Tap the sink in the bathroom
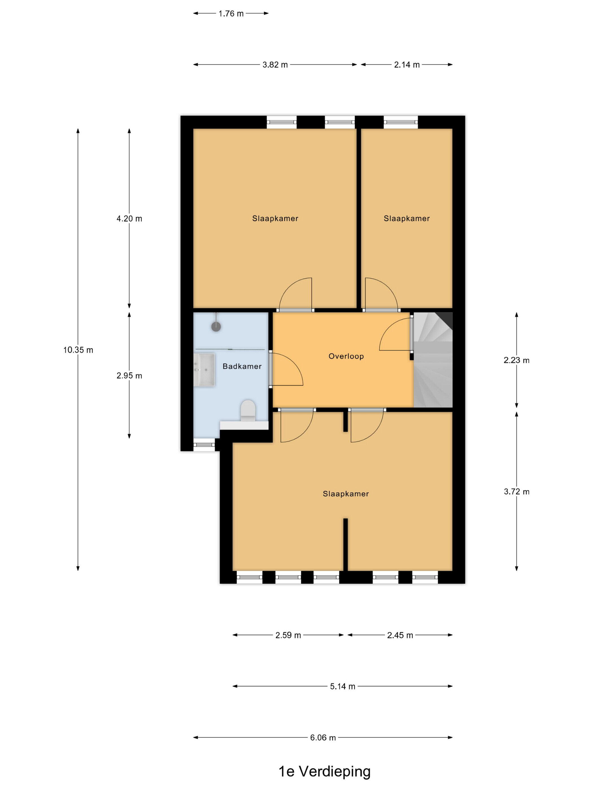[x=204, y=370]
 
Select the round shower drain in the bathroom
[x=216, y=326]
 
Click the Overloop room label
[x=346, y=356]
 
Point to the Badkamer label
[x=242, y=366]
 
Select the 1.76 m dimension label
[x=231, y=14]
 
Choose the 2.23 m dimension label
[x=516, y=360]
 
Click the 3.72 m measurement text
[x=516, y=491]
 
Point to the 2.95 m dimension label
[x=129, y=375]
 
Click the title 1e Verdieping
[x=324, y=771]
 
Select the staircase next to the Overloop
[x=433, y=360]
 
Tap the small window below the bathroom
[x=204, y=445]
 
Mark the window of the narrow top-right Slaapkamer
[x=401, y=122]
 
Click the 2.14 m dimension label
[x=407, y=65]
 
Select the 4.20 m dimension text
[x=129, y=218]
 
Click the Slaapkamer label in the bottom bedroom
[x=346, y=493]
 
